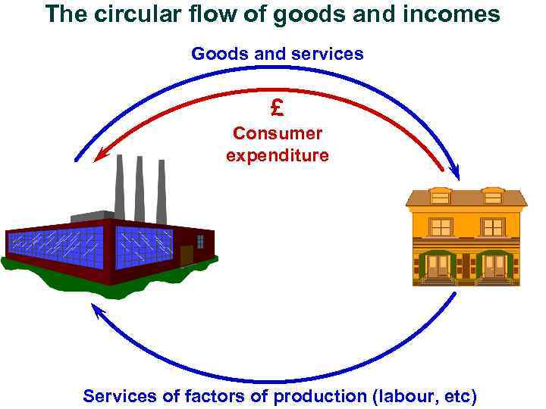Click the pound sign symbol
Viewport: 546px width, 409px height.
[277, 108]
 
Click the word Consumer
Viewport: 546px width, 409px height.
[278, 133]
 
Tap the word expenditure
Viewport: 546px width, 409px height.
[278, 155]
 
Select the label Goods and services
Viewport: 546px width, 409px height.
[278, 54]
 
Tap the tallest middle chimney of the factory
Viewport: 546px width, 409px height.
[140, 189]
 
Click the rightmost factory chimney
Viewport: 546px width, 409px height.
[161, 192]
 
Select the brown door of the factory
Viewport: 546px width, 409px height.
[186, 255]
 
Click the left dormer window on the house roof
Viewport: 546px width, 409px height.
[440, 195]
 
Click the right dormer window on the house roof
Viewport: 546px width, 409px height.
[493, 195]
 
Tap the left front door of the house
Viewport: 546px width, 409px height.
[438, 265]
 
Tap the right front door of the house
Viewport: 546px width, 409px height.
[494, 265]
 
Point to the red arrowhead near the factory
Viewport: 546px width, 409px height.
[99, 157]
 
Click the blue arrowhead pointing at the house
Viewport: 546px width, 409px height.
[455, 173]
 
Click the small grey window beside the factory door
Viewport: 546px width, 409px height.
[200, 242]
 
